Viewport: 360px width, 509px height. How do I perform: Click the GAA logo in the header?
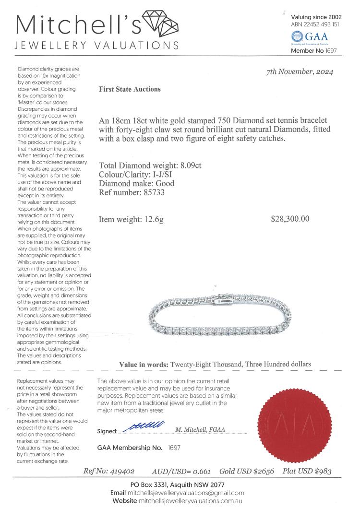310,37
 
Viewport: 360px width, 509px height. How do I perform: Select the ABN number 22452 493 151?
321,24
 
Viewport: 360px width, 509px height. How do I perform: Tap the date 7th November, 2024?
300,72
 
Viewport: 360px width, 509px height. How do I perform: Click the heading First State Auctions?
130,89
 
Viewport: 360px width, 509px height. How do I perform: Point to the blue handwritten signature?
144,426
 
